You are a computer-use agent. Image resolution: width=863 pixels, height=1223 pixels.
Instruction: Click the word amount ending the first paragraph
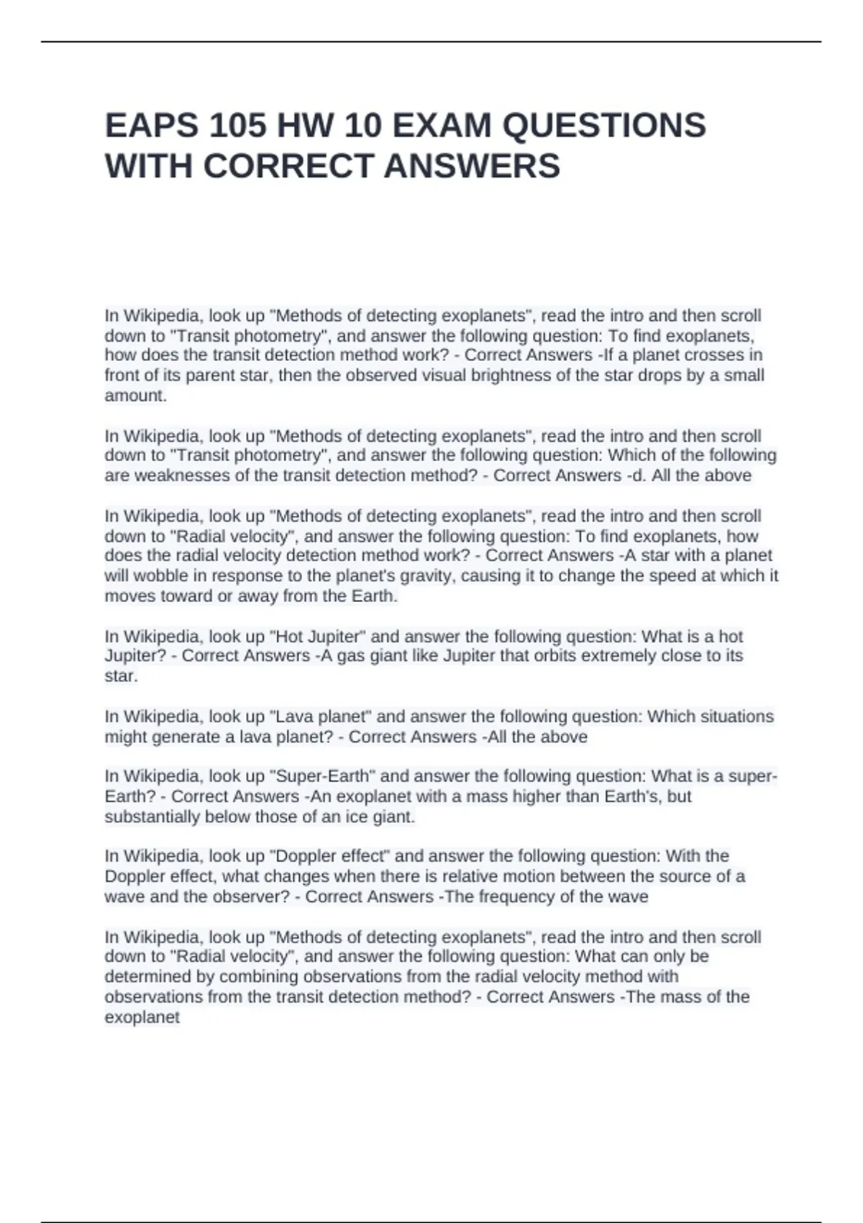(x=134, y=395)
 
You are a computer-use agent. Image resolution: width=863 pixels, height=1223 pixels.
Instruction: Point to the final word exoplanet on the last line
(x=142, y=1017)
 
